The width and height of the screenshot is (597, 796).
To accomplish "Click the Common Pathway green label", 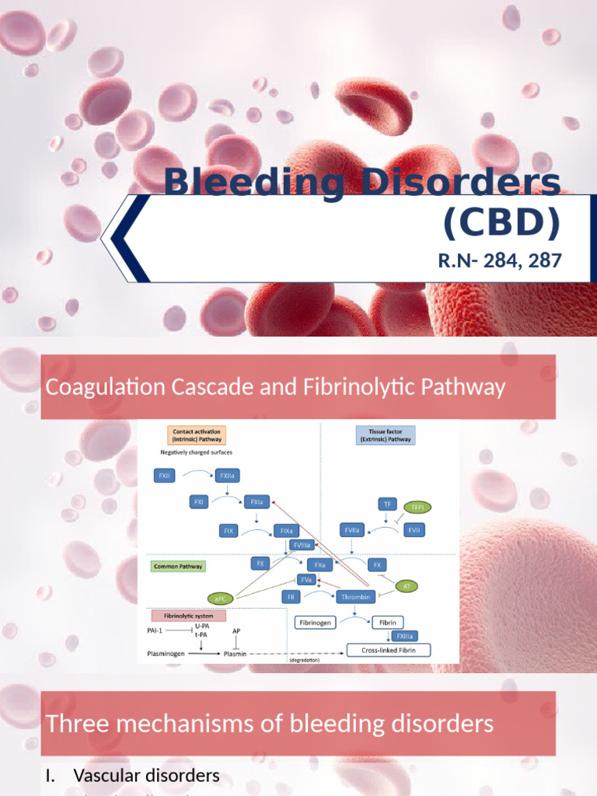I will pos(178,567).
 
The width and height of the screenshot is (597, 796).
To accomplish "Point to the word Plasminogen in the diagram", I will pos(166,654).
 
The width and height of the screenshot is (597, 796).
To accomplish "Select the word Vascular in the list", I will pos(112,776).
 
